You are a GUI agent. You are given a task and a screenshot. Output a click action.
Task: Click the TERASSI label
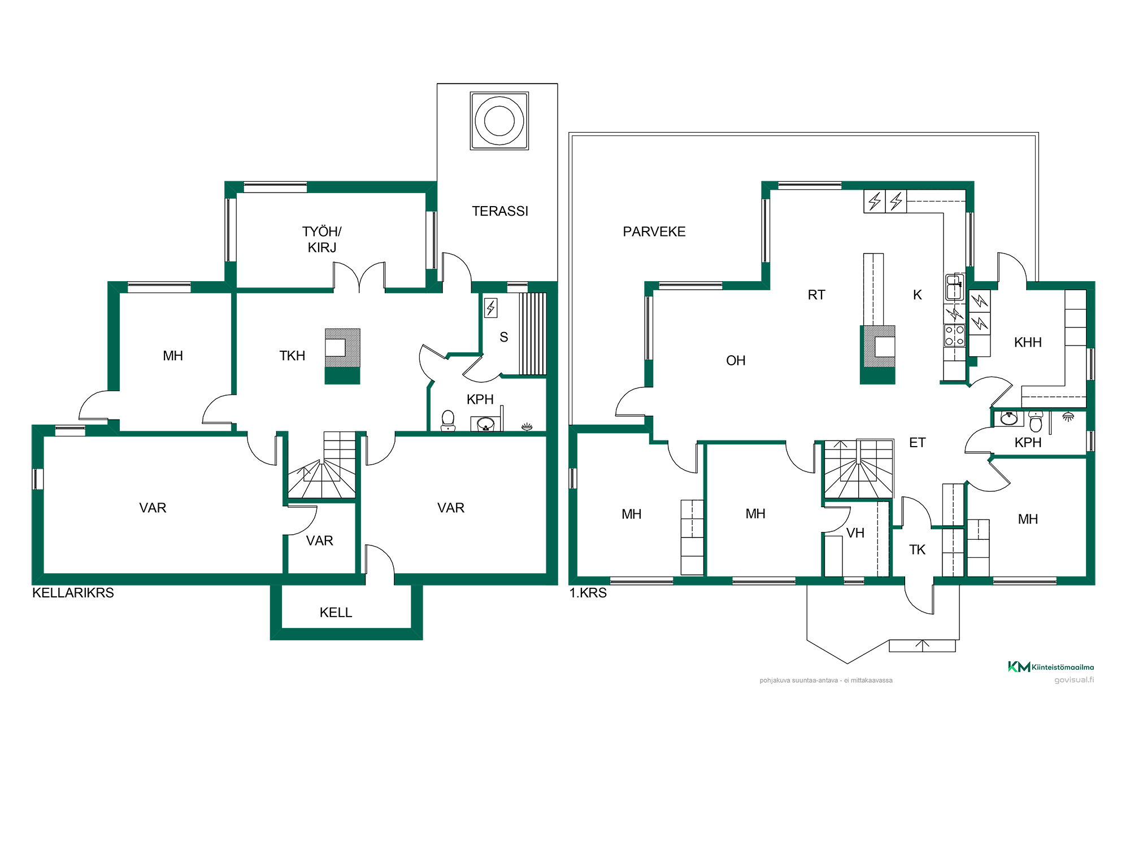click(500, 211)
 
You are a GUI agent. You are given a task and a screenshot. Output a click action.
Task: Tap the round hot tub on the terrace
click(499, 121)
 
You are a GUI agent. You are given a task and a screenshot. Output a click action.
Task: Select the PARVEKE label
click(654, 232)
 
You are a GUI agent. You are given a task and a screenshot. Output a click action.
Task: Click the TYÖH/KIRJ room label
click(322, 239)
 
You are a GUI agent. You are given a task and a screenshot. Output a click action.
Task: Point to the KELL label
click(336, 613)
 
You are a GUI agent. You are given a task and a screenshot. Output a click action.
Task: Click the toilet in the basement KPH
click(448, 421)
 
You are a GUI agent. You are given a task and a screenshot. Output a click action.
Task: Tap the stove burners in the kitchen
click(954, 335)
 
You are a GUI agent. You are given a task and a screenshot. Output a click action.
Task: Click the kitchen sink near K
click(954, 287)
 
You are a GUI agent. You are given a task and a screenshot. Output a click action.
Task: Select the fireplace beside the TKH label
click(342, 356)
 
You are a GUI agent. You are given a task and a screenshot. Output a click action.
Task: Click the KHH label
click(1028, 342)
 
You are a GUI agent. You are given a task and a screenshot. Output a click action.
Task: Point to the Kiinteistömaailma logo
click(1051, 667)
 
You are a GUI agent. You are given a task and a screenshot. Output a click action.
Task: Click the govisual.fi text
click(1074, 680)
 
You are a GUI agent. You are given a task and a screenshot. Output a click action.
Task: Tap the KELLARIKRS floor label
click(73, 593)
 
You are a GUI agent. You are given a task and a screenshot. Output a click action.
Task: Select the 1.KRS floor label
click(588, 593)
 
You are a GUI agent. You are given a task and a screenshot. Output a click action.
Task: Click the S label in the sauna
click(504, 337)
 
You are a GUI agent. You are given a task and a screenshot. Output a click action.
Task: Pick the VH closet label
click(855, 533)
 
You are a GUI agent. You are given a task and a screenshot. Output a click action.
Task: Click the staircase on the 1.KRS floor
click(859, 469)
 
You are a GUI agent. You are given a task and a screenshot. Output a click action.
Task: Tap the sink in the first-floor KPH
click(1009, 418)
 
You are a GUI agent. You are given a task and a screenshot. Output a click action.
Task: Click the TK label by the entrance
click(918, 550)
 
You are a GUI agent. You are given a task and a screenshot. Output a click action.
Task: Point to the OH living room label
click(736, 360)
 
